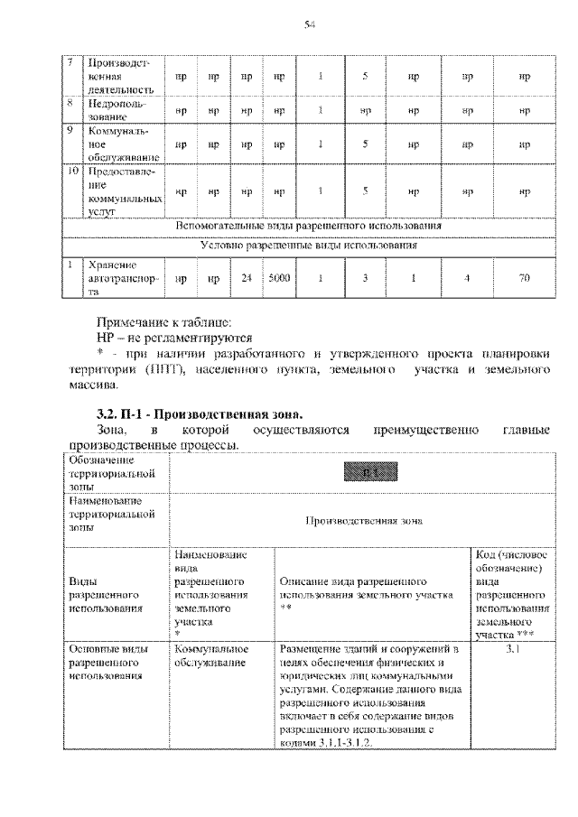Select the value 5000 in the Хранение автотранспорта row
coord(279,279)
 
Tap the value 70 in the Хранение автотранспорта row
coord(524,279)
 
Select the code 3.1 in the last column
coord(512,650)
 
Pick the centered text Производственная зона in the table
coord(359,520)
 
